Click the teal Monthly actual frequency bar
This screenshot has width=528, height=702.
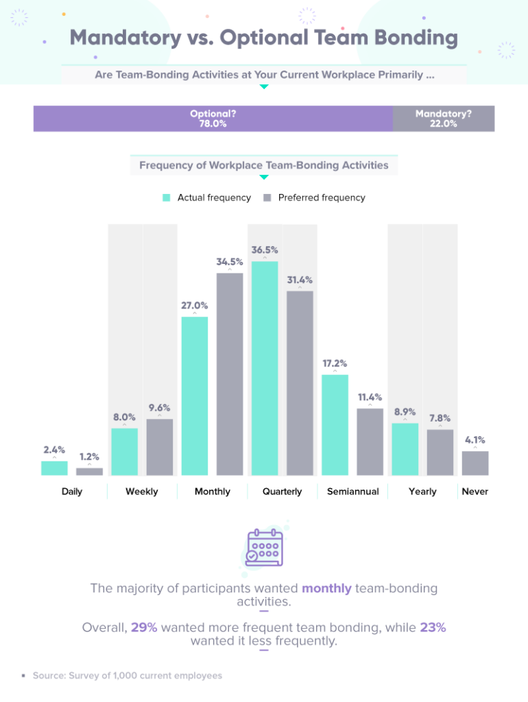[x=195, y=396]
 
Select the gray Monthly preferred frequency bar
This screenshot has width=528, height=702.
[x=230, y=374]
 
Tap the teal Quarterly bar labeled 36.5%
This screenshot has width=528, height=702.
[x=265, y=368]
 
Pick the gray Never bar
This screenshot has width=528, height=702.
[x=475, y=463]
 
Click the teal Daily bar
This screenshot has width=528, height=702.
[x=54, y=468]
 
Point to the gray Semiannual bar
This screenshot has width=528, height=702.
[x=370, y=441]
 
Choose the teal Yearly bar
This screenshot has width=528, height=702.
[x=405, y=449]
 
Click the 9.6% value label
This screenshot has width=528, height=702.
[x=160, y=408]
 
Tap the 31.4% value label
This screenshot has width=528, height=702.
[x=300, y=280]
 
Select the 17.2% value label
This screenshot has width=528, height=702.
[x=335, y=363]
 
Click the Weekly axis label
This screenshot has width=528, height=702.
[x=142, y=492]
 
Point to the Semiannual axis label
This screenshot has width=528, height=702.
[x=352, y=492]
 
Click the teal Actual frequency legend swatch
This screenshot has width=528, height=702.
[x=166, y=197]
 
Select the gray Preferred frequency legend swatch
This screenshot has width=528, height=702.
[x=267, y=197]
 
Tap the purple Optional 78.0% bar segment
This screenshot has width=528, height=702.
[x=213, y=119]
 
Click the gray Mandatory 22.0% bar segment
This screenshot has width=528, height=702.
[x=443, y=119]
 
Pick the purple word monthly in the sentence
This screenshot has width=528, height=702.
[x=326, y=588]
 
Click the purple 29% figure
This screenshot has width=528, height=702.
[x=144, y=627]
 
